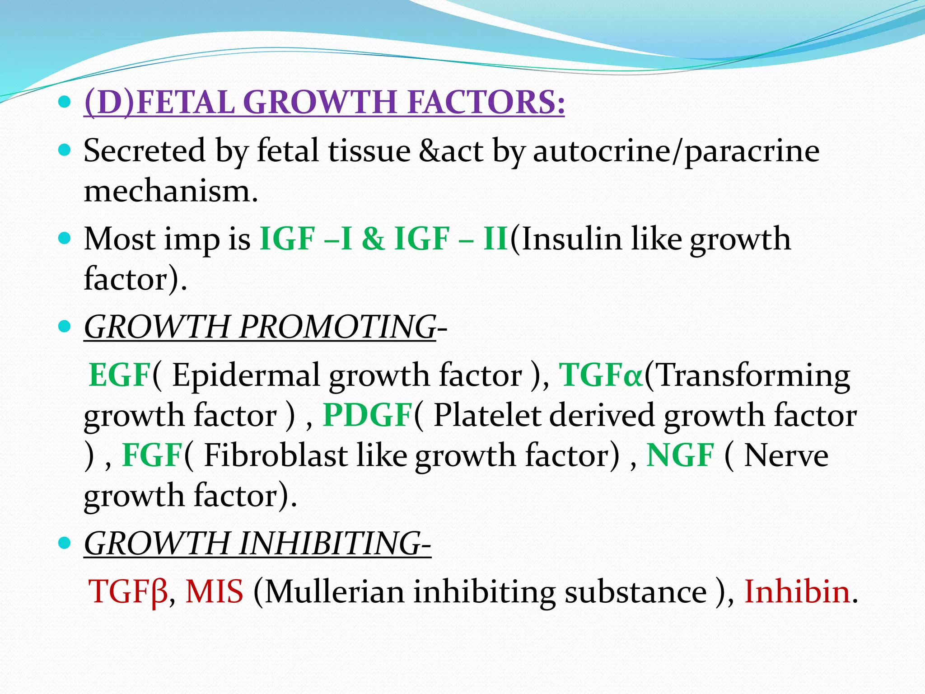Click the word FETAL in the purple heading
coord(185,102)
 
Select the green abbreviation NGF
coord(680,455)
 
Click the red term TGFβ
coord(128,592)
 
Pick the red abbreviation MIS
coord(215,592)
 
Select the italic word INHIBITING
coord(330,544)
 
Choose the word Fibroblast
coord(276,455)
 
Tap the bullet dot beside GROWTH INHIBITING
coord(65,542)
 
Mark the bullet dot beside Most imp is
coord(65,238)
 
